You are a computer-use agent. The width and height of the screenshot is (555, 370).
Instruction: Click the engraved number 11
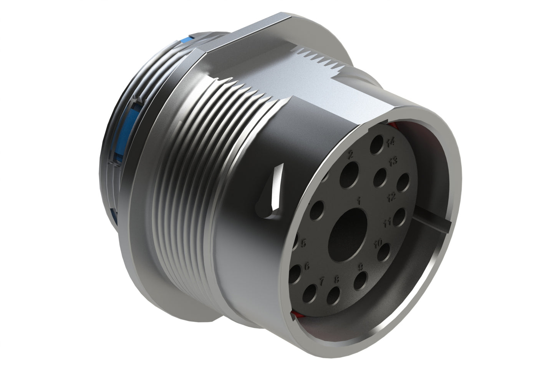coord(387,222)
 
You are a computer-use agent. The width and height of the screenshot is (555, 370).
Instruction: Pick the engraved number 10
coord(378,243)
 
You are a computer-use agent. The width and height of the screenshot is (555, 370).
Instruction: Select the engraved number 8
coord(337,279)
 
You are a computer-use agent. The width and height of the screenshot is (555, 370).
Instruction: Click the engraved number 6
coord(307,265)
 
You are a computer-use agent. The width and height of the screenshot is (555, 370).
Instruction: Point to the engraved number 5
coord(303,244)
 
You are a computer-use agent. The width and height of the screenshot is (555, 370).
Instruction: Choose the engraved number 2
coord(350,155)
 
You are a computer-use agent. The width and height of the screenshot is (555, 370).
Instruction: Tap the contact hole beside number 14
coord(376,148)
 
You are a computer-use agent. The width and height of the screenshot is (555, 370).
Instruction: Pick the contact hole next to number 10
coord(383,254)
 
